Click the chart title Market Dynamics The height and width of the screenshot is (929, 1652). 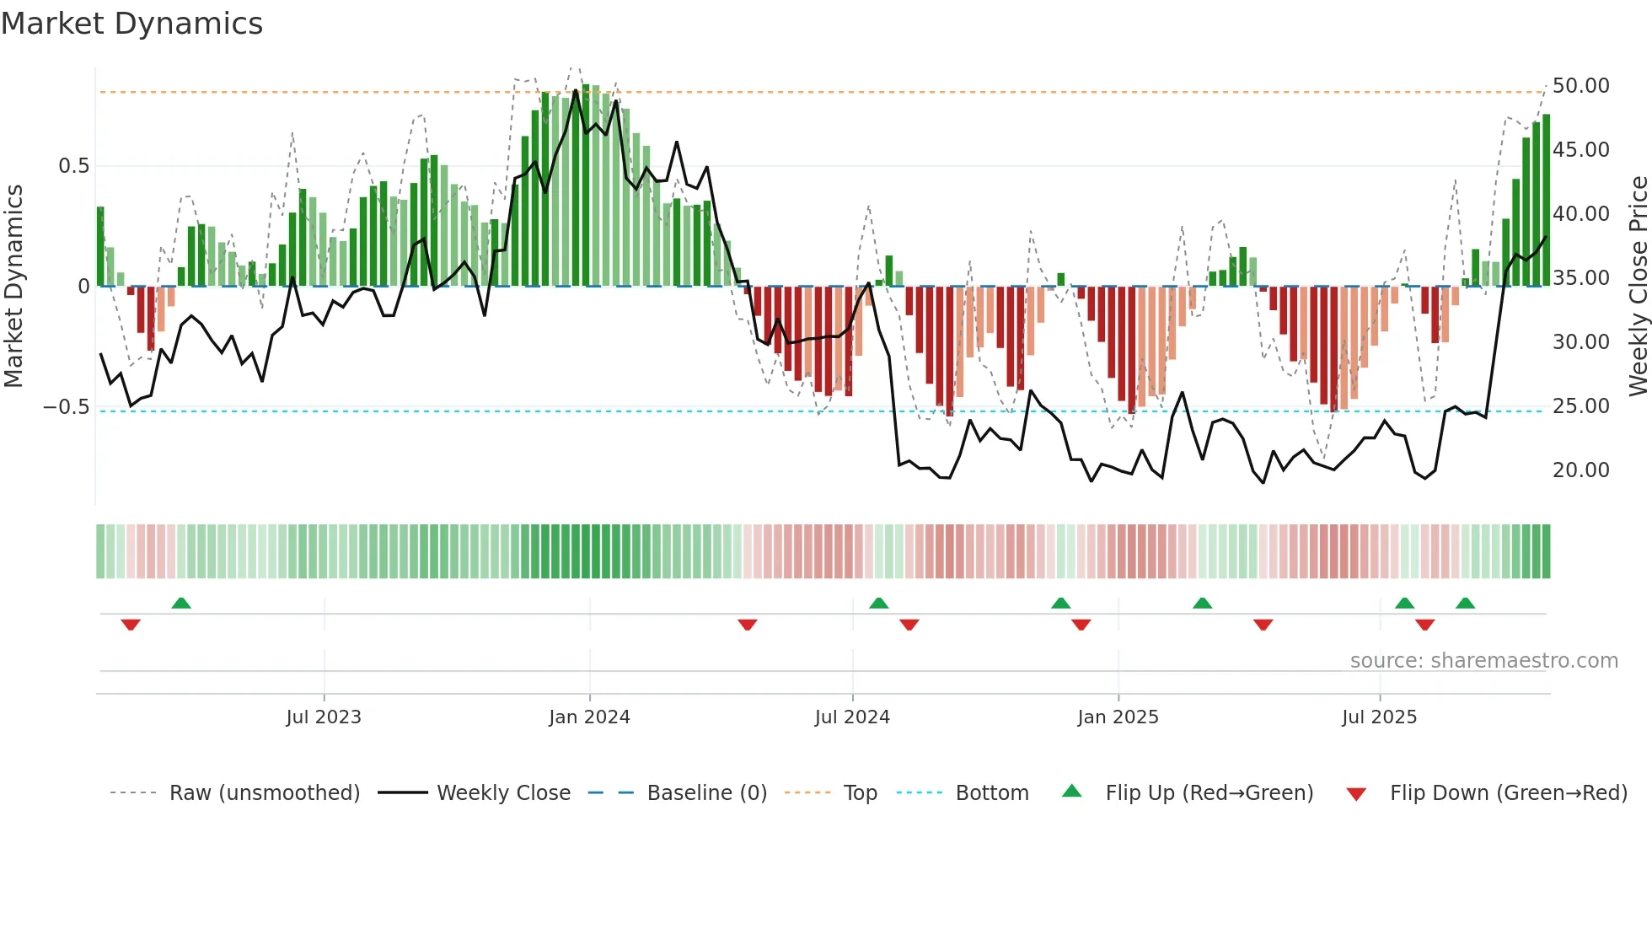pos(131,24)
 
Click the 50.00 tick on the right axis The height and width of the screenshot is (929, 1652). pos(1580,86)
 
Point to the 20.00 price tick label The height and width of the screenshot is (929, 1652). pos(1580,470)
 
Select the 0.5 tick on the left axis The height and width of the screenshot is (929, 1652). pos(73,166)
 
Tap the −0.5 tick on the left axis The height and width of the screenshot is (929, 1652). pos(67,407)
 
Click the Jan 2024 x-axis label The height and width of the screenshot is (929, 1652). pos(589,717)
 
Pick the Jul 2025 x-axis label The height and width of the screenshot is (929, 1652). pos(1379,717)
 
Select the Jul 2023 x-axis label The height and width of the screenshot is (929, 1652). pos(324,717)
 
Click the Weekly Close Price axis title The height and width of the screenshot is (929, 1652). pos(1638,287)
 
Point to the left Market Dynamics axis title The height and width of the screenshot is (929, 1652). pos(13,287)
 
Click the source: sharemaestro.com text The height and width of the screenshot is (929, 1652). pos(1483,661)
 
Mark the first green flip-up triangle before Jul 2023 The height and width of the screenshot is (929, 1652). pos(181,603)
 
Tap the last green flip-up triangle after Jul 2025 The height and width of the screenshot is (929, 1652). pos(1465,603)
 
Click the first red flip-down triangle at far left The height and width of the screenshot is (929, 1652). pos(131,625)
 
